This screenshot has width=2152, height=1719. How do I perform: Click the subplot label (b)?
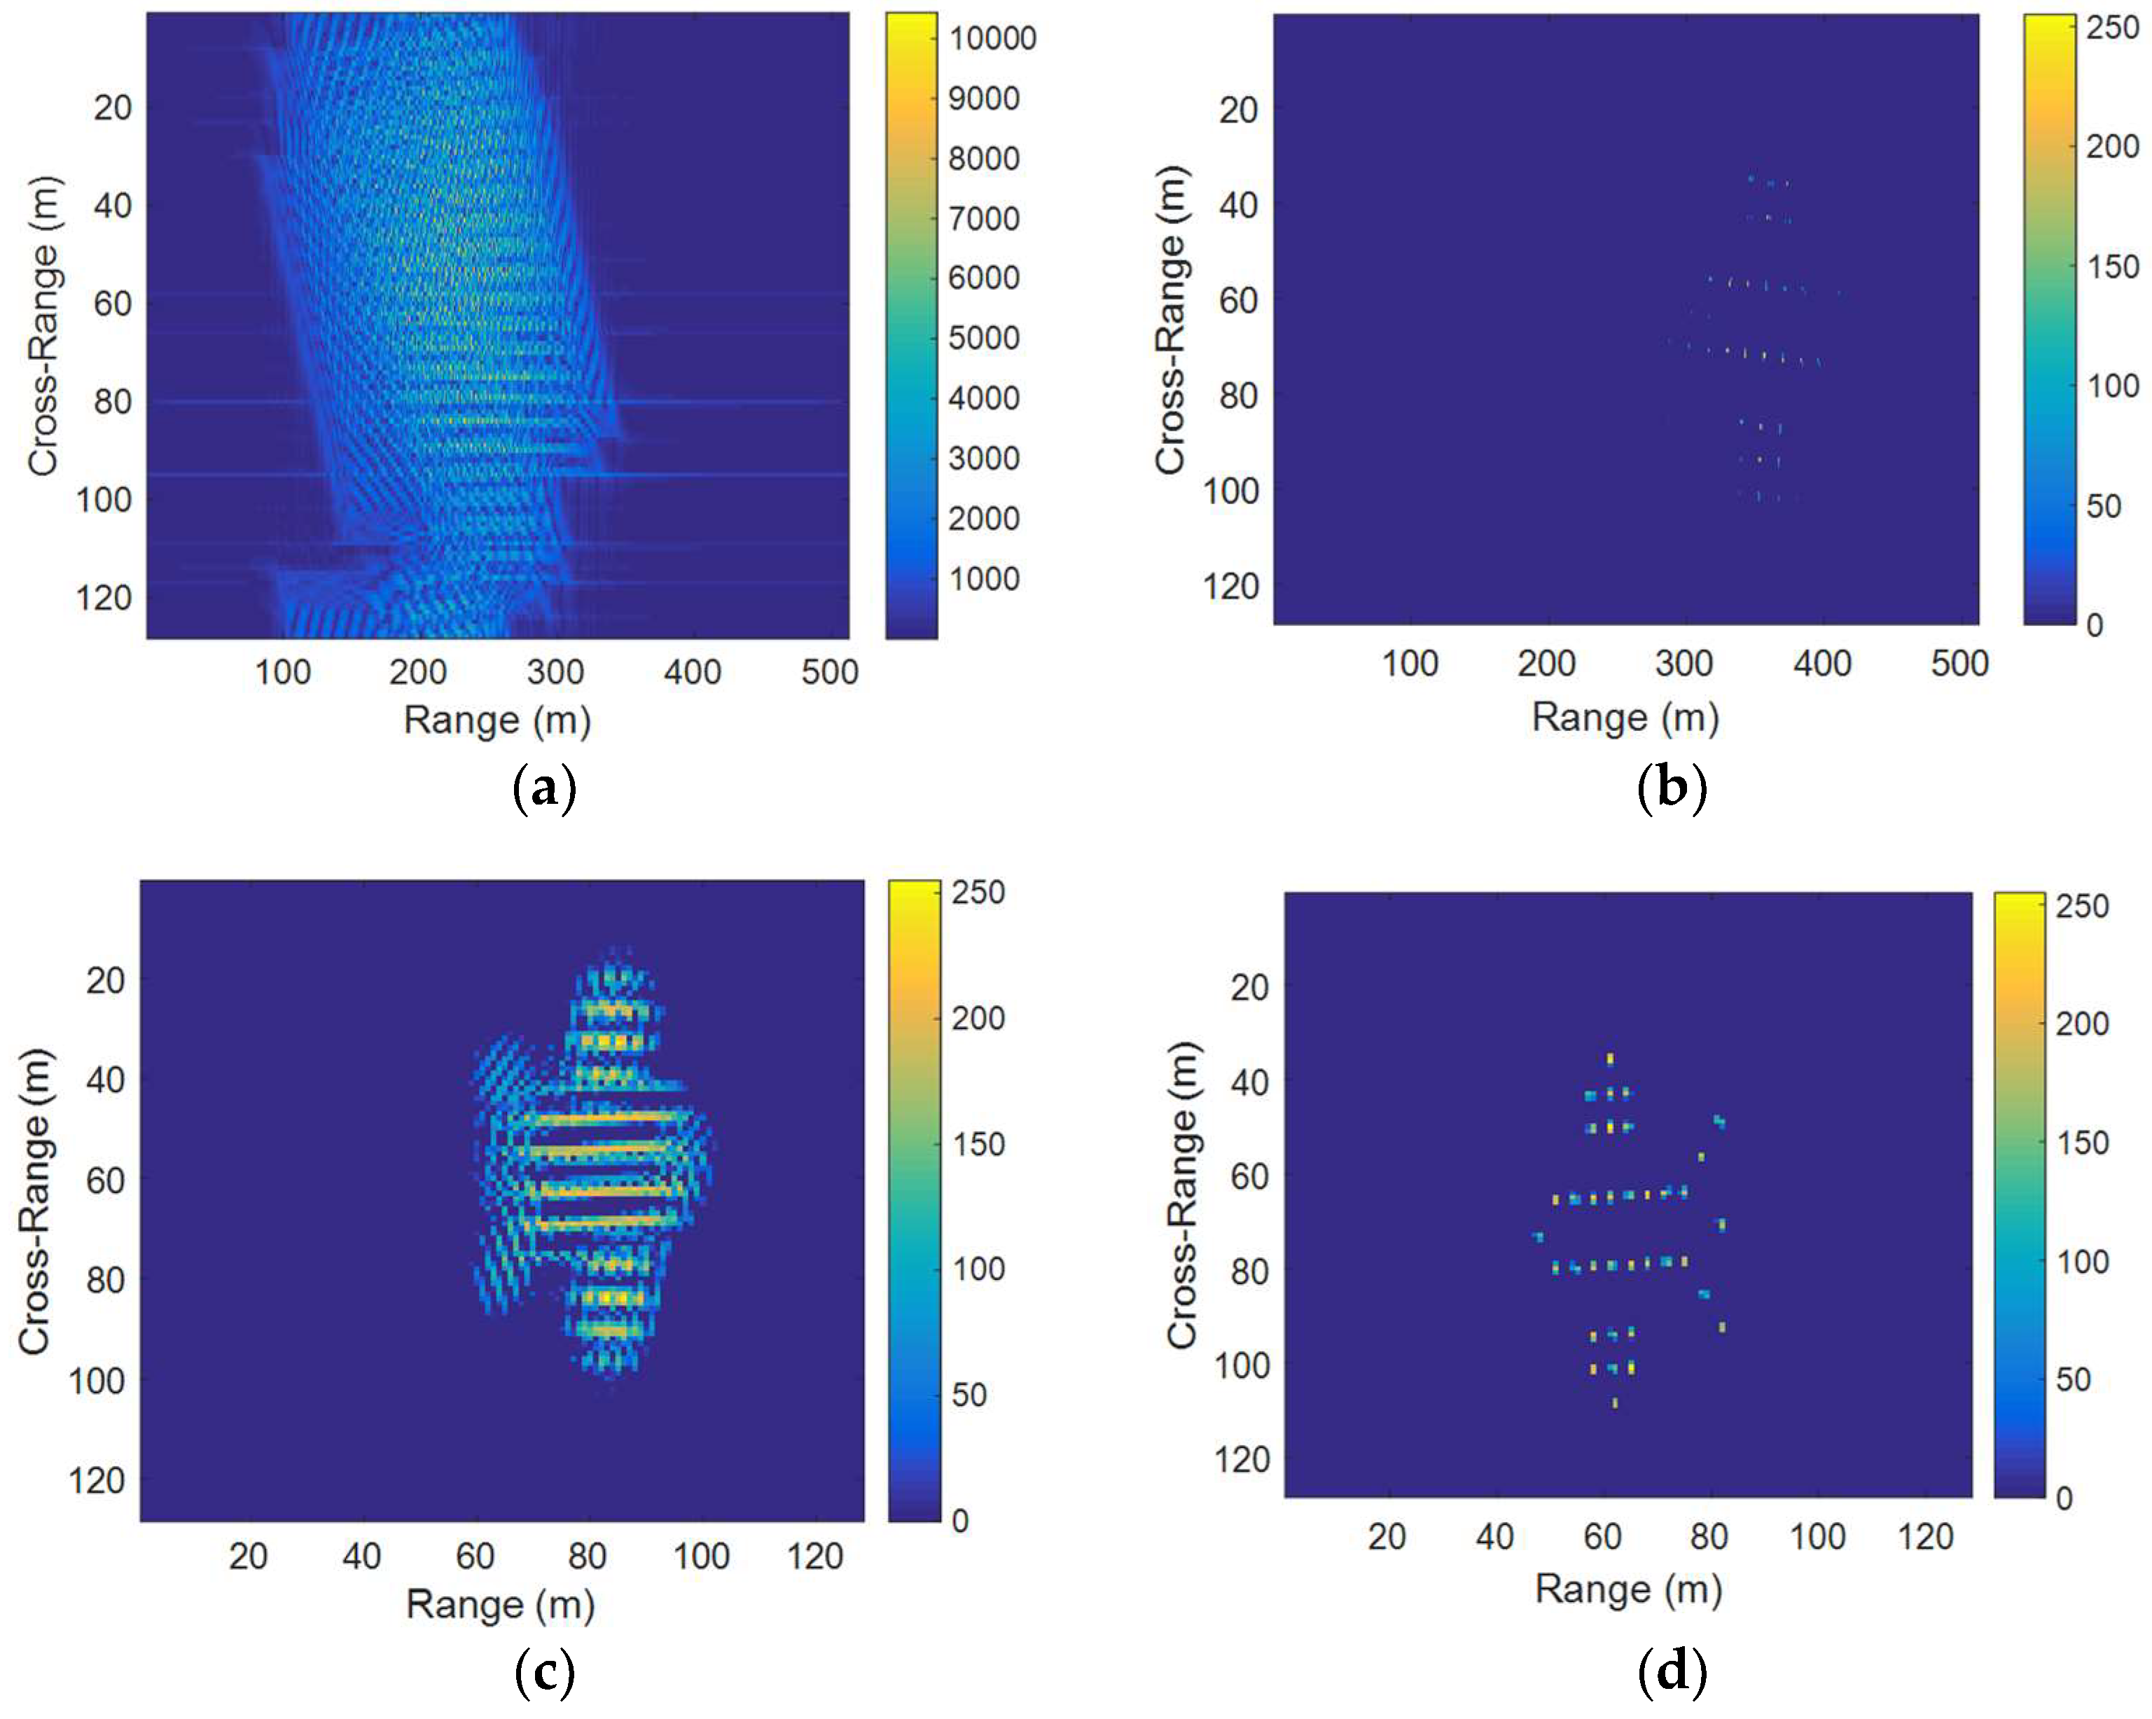tap(1672, 788)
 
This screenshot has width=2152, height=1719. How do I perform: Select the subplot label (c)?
tap(544, 1673)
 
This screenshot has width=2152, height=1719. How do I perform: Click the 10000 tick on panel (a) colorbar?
tap(992, 39)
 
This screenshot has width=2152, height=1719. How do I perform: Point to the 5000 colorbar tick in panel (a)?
tap(983, 338)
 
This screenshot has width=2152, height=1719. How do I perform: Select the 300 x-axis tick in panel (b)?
tap(1684, 664)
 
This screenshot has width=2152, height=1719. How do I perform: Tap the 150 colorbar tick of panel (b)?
tap(2112, 267)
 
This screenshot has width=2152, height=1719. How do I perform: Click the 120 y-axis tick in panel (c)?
tap(97, 1480)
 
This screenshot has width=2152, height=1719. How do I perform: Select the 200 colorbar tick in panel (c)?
tap(977, 1018)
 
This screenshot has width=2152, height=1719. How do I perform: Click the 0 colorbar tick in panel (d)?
tap(2063, 1498)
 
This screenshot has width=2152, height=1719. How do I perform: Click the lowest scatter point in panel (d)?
tap(1615, 1403)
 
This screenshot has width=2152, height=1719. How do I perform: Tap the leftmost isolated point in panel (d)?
tap(1538, 1237)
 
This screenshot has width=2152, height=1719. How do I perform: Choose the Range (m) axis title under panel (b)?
tap(1625, 718)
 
